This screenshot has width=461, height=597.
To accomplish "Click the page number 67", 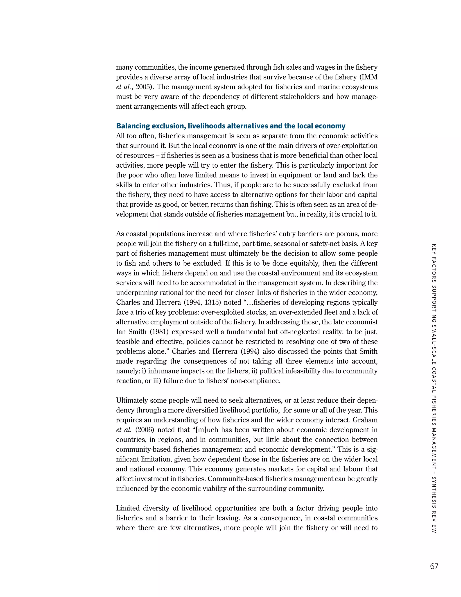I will [434, 566].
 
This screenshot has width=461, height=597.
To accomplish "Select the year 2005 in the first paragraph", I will [143, 87].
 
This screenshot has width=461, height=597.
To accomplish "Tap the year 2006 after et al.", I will [145, 430].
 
